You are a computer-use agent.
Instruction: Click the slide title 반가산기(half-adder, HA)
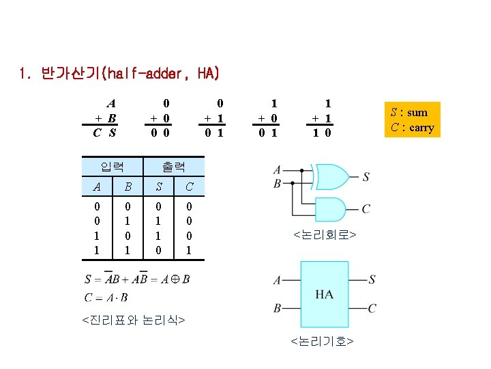[119, 73]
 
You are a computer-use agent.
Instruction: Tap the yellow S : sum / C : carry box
[411, 120]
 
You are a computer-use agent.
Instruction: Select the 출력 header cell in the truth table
[173, 166]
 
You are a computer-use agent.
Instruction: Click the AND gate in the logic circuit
[329, 208]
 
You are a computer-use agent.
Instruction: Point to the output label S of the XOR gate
[366, 177]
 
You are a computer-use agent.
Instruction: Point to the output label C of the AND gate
[367, 208]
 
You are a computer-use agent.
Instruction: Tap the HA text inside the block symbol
[325, 295]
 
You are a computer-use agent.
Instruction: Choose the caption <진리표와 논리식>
[133, 319]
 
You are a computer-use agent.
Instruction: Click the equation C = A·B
[106, 297]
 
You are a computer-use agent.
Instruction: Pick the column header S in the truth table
[158, 187]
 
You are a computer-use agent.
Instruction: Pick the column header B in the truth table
[128, 187]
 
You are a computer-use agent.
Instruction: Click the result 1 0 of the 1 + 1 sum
[321, 133]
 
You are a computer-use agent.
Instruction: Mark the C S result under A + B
[104, 133]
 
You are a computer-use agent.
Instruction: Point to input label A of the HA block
[277, 280]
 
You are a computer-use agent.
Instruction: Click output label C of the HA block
[372, 309]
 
